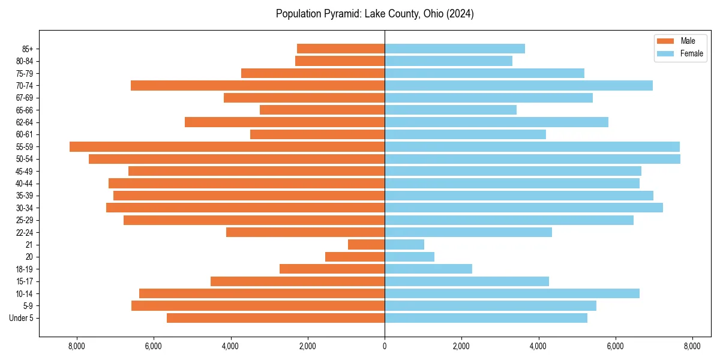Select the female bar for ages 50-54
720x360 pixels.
pyautogui.click(x=532, y=159)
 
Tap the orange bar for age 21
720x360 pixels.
pyautogui.click(x=366, y=245)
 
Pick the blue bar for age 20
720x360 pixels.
pyautogui.click(x=409, y=257)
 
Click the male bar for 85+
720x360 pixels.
pyautogui.click(x=341, y=49)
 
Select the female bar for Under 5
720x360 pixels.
pyautogui.click(x=485, y=318)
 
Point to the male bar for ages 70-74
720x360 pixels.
pyautogui.click(x=257, y=86)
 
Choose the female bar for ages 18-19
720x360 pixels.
pyautogui.click(x=428, y=269)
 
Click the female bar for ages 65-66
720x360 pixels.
pyautogui.click(x=450, y=110)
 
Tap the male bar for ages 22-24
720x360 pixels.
pyautogui.click(x=305, y=232)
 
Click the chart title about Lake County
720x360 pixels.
pyautogui.click(x=374, y=14)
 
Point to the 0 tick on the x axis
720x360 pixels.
pyautogui.click(x=385, y=346)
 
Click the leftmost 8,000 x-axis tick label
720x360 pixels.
pyautogui.click(x=77, y=346)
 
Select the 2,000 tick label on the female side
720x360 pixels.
pyautogui.click(x=461, y=346)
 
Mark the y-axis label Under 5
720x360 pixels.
pyautogui.click(x=22, y=318)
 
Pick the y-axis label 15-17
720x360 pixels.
pyautogui.click(x=24, y=281)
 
